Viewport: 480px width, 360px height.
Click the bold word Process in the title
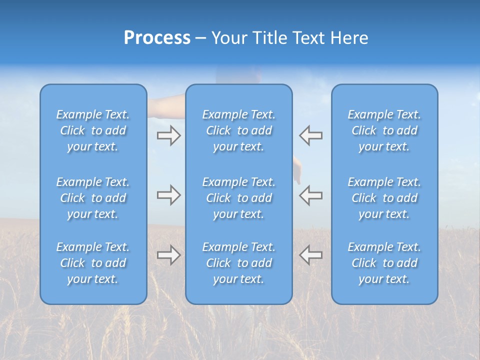tap(157, 38)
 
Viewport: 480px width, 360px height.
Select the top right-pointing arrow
tap(168, 135)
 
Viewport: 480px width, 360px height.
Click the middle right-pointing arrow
tap(168, 195)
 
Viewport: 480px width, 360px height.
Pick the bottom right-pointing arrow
tap(168, 255)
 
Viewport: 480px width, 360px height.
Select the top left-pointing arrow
tap(310, 135)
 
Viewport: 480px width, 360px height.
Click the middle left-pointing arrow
tap(310, 195)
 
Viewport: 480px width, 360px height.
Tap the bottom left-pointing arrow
tap(310, 255)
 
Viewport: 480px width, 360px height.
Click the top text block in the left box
tap(93, 130)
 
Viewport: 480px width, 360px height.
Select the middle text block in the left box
tap(93, 198)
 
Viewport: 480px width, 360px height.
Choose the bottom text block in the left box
tap(93, 263)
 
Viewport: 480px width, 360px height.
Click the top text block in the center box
tap(238, 130)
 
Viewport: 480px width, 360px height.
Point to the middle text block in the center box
tap(238, 198)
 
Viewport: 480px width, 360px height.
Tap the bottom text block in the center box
tap(238, 263)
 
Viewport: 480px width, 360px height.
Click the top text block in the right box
tap(384, 130)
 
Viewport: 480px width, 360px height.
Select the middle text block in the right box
tap(384, 198)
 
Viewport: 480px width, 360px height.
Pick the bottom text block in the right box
tap(384, 263)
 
